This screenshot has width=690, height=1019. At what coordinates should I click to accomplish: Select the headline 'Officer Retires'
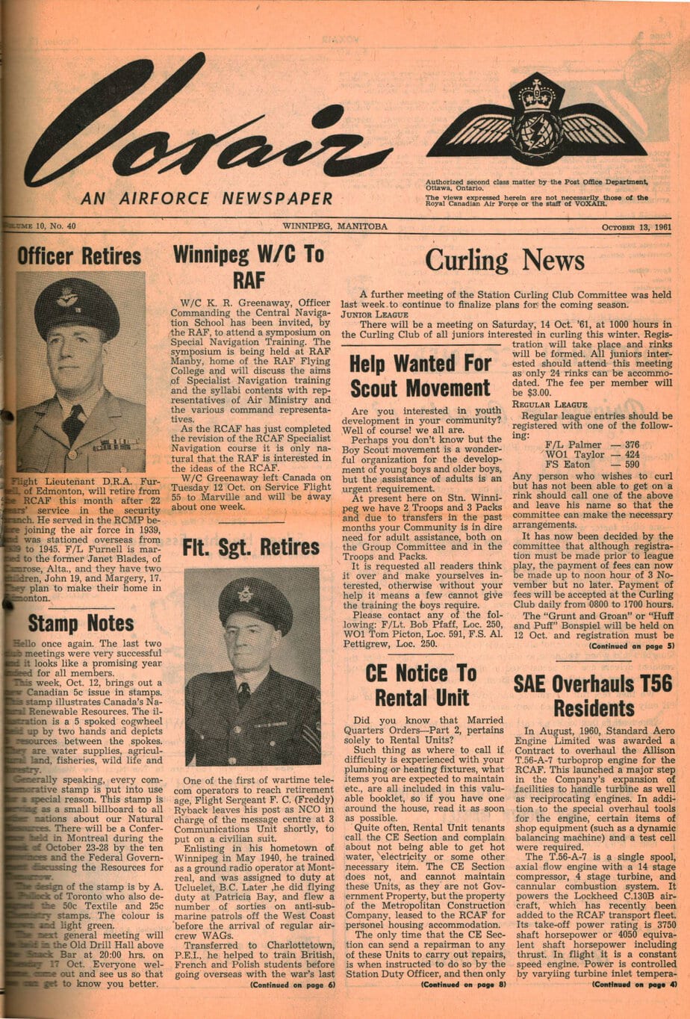click(x=79, y=256)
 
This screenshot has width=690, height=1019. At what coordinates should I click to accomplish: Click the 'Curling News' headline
click(x=505, y=260)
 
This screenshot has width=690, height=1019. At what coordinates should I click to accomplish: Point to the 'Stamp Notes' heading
click(x=81, y=623)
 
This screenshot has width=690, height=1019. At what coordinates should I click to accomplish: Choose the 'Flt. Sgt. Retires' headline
click(x=251, y=547)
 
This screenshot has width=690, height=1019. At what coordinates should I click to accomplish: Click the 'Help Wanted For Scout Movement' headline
click(x=420, y=376)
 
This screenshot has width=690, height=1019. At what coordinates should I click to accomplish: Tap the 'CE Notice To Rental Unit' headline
click(x=420, y=685)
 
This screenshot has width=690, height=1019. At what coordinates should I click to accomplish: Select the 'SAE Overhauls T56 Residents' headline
click(x=593, y=695)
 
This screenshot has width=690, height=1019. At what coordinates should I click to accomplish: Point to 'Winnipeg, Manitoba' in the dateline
click(x=335, y=226)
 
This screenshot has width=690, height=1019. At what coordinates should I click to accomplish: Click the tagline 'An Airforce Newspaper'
click(x=207, y=198)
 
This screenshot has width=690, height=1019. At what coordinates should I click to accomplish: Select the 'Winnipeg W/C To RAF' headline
click(x=249, y=267)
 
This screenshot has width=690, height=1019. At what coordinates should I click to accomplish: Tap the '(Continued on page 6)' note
click(x=293, y=985)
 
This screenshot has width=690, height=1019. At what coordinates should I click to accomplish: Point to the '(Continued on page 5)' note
click(x=632, y=645)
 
